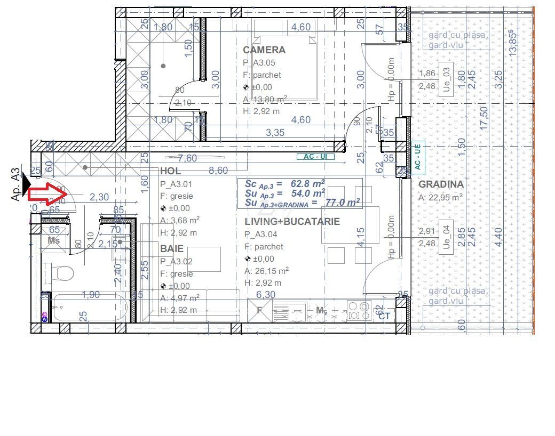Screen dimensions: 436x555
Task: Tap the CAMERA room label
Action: point(264,50)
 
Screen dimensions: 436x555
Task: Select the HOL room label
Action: point(170,171)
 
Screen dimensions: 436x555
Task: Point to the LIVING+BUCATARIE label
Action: point(292,222)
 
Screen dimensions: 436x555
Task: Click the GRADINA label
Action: point(441,184)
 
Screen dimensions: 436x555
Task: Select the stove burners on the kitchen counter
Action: point(358,310)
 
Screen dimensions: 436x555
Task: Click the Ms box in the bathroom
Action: point(54,240)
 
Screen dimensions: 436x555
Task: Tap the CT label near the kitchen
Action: point(384,316)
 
